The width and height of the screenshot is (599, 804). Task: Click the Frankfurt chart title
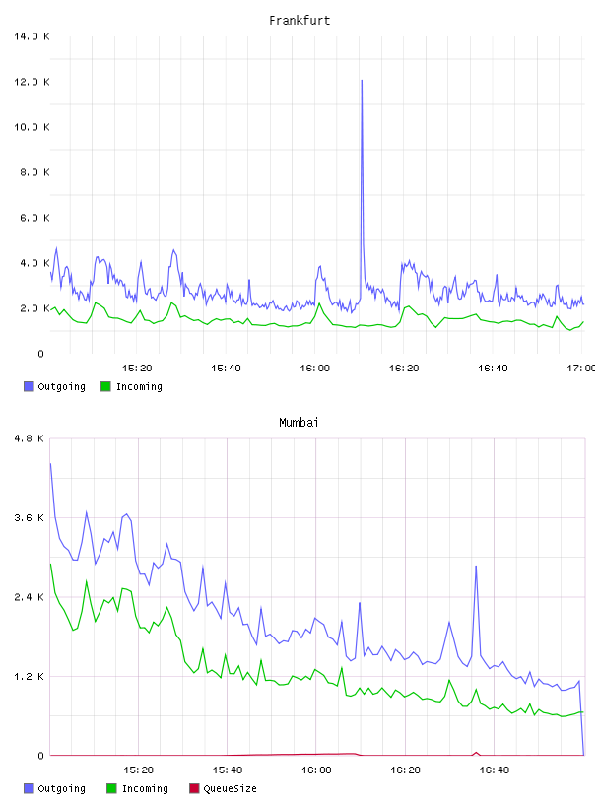(x=299, y=21)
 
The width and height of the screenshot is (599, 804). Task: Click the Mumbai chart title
(x=299, y=423)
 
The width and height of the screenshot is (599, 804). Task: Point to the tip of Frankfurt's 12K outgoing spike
(x=362, y=80)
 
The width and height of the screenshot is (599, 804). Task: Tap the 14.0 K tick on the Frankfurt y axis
(x=32, y=36)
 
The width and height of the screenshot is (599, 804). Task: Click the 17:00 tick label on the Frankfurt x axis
(x=580, y=368)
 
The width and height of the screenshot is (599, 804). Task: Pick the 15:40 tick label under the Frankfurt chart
(x=226, y=368)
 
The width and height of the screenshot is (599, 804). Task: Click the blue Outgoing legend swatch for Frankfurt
(x=29, y=386)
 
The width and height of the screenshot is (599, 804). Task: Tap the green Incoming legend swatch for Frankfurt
(x=105, y=386)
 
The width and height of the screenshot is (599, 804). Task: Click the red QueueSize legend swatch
(x=194, y=788)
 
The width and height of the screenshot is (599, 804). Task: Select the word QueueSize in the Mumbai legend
(x=231, y=789)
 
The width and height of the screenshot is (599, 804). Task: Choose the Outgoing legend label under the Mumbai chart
(x=61, y=789)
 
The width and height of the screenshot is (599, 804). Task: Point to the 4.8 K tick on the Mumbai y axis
(x=29, y=438)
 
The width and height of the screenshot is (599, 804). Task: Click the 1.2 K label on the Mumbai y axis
(x=29, y=676)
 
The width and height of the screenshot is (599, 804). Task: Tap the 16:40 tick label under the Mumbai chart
(x=494, y=770)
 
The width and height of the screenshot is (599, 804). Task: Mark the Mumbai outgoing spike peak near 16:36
(x=476, y=567)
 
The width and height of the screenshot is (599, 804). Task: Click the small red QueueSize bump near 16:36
(x=476, y=753)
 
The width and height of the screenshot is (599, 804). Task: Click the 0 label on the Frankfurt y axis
(x=41, y=354)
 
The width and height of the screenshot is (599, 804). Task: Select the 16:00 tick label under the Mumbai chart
(x=316, y=770)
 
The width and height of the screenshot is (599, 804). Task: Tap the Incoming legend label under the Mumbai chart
(x=145, y=789)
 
